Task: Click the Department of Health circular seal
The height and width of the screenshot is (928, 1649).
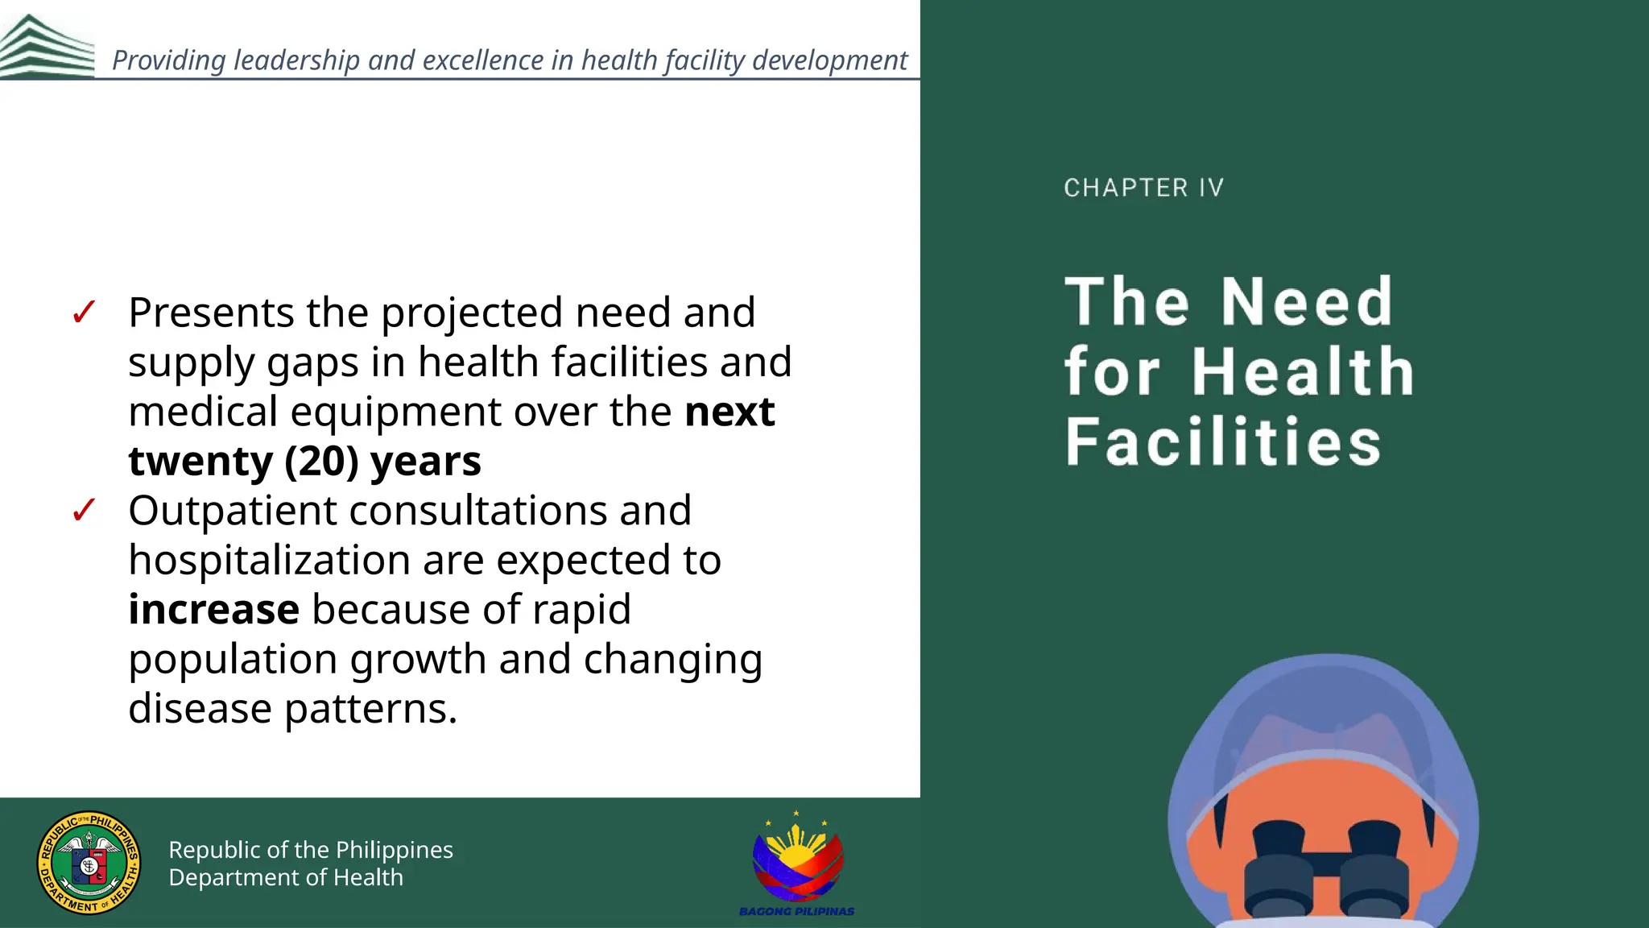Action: (x=89, y=863)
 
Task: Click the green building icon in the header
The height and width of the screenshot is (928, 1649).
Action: (x=46, y=47)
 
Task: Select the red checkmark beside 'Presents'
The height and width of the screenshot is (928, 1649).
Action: (x=84, y=313)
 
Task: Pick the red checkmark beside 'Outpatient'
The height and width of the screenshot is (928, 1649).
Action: (x=84, y=511)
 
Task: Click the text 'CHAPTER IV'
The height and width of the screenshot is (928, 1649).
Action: (x=1143, y=188)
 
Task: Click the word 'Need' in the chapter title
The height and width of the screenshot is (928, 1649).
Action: (x=1306, y=301)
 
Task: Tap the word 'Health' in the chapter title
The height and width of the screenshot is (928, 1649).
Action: (x=1303, y=372)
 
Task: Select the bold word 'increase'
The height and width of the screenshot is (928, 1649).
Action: (x=214, y=610)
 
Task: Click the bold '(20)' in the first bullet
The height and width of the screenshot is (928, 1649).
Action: (x=321, y=462)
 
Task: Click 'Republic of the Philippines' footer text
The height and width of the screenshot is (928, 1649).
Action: (x=311, y=850)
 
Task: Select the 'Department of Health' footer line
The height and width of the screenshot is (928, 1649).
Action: (x=286, y=877)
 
